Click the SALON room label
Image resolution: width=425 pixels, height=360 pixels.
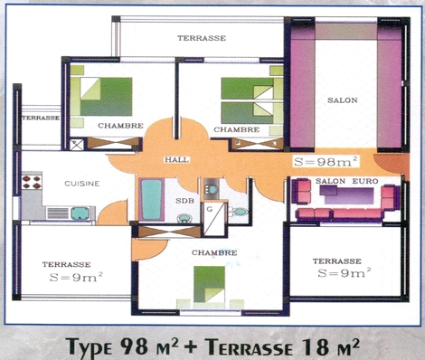click(x=343, y=100)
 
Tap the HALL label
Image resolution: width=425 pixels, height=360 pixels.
click(x=177, y=160)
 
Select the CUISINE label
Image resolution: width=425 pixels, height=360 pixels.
click(x=82, y=184)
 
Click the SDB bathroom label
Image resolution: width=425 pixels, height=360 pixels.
click(x=184, y=201)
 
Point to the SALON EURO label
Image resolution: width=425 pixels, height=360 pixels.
click(x=347, y=181)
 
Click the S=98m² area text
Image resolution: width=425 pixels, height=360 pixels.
click(x=326, y=162)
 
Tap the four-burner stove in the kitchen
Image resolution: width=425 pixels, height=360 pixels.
click(x=32, y=182)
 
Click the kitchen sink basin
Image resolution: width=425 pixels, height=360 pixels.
click(x=80, y=213)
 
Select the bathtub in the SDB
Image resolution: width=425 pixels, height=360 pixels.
click(x=151, y=199)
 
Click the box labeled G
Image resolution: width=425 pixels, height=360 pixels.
click(x=214, y=220)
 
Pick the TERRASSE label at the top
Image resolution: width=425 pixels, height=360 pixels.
click(x=202, y=38)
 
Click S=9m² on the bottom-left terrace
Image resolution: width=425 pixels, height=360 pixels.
click(x=76, y=277)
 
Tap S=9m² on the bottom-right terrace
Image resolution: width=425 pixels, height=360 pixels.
click(x=345, y=273)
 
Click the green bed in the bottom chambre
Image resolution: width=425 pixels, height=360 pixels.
click(x=209, y=284)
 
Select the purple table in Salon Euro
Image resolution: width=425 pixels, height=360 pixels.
click(x=346, y=194)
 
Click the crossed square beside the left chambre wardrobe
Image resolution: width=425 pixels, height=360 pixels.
click(x=77, y=144)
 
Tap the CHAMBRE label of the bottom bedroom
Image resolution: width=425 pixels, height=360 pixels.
click(x=214, y=252)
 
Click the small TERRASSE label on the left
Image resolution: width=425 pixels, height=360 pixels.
click(x=41, y=118)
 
